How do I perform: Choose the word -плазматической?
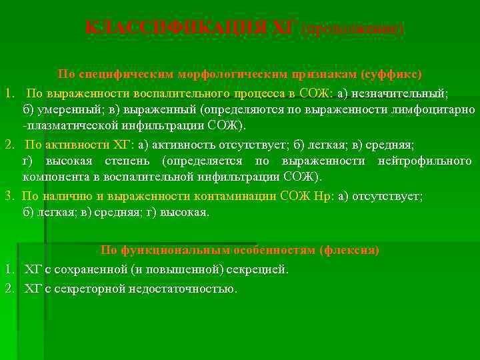coord(64,125)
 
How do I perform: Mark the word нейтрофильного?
coord(425,161)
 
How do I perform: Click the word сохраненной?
coord(90,269)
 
